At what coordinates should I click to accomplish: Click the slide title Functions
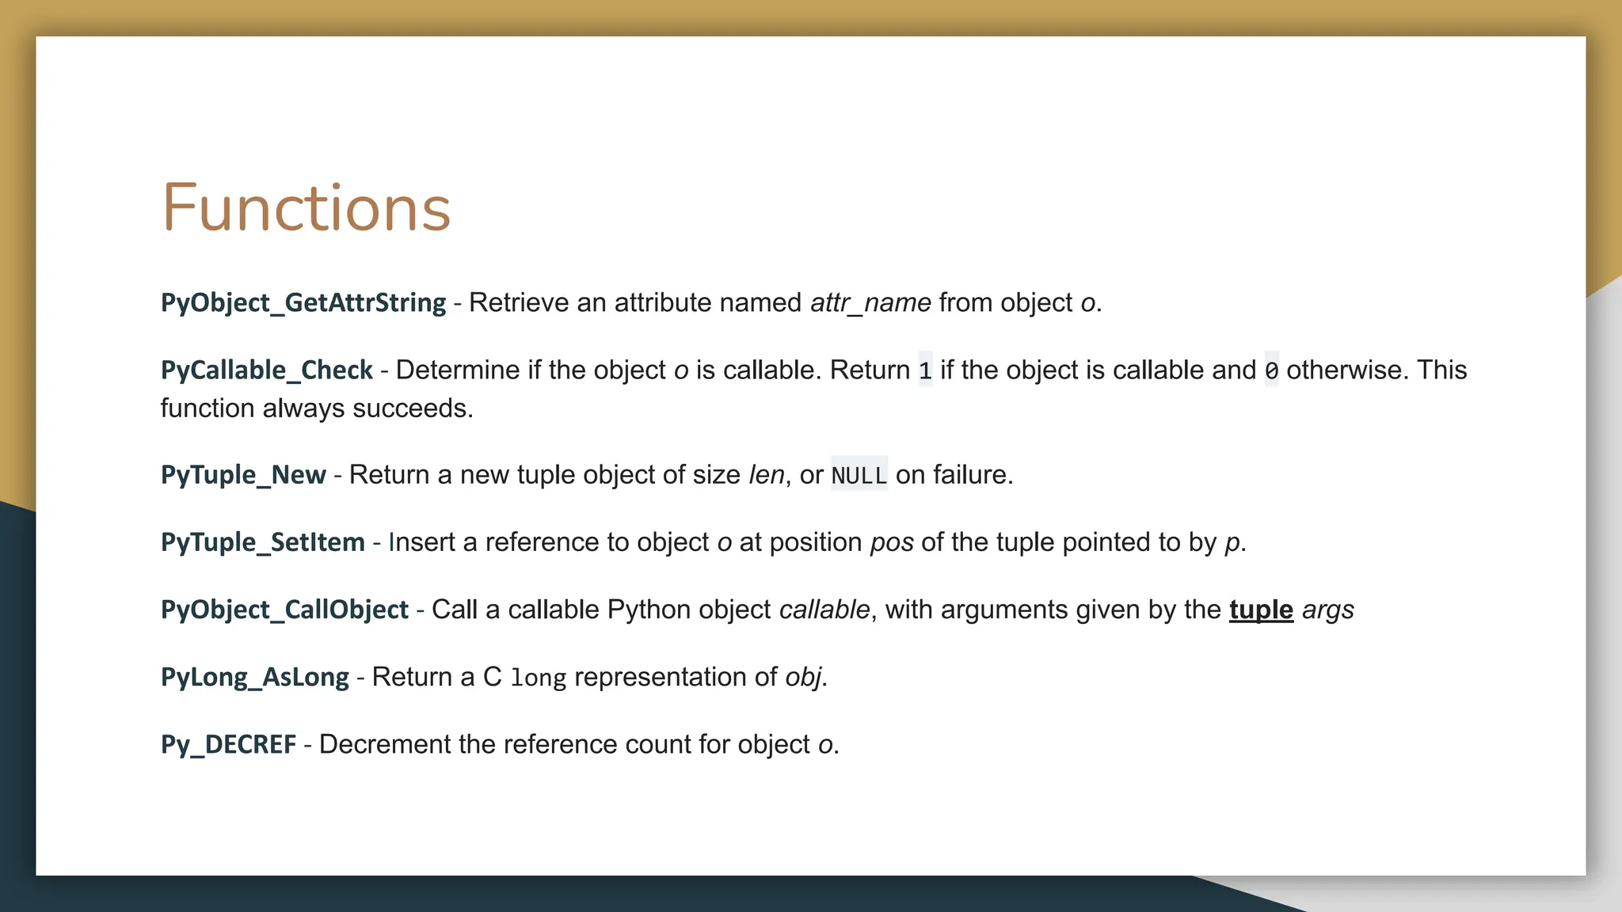306,208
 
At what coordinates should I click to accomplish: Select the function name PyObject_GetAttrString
303,302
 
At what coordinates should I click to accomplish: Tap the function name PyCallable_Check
266,370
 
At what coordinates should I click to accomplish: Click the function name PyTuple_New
243,474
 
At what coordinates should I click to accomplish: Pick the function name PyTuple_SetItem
262,542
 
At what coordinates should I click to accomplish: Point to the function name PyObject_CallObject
284,610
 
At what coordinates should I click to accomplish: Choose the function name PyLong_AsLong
254,677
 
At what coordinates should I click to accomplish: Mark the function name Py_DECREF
228,744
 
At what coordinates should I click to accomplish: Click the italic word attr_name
870,302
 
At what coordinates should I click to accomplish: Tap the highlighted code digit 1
925,370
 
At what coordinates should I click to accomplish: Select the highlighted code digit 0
1271,370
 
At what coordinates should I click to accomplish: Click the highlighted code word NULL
859,475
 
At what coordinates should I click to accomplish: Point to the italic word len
766,474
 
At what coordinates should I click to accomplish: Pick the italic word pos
892,542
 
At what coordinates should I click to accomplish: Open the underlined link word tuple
1261,610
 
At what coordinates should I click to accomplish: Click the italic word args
1328,610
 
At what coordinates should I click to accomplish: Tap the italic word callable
824,610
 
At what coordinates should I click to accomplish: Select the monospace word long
539,678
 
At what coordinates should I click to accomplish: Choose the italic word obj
803,677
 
